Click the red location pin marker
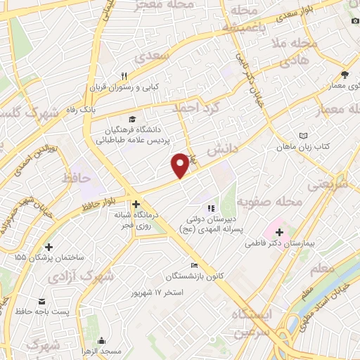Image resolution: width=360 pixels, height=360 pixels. (x=180, y=165)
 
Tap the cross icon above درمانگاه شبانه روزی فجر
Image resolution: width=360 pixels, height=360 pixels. (x=136, y=204)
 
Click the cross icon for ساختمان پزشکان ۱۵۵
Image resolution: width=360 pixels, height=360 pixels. (x=49, y=247)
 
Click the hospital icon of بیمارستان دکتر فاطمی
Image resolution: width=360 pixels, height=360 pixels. (x=279, y=231)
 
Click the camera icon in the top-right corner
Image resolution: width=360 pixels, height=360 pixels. (x=352, y=20)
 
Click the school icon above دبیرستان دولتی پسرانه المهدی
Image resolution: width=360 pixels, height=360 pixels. (x=210, y=208)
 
